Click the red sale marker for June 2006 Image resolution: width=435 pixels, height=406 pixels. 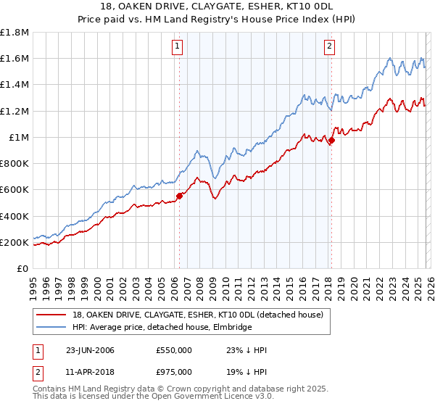(179, 195)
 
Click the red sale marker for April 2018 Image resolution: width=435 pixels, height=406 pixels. (331, 141)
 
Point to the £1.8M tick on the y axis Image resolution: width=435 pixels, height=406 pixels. (14, 33)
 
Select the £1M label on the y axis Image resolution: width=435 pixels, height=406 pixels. (19, 138)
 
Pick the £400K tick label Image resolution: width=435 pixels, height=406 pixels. (14, 216)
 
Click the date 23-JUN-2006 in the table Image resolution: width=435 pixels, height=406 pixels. (89, 351)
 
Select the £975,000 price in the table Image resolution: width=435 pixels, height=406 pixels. (174, 374)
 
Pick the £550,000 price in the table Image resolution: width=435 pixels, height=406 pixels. (174, 351)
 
